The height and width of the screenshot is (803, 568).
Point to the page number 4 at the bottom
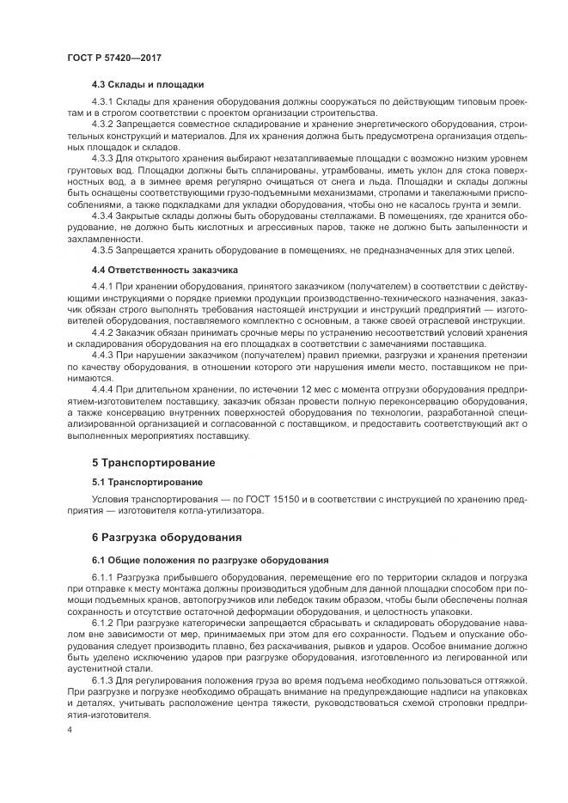(69, 730)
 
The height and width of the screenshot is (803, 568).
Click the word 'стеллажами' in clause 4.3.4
(284, 216)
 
